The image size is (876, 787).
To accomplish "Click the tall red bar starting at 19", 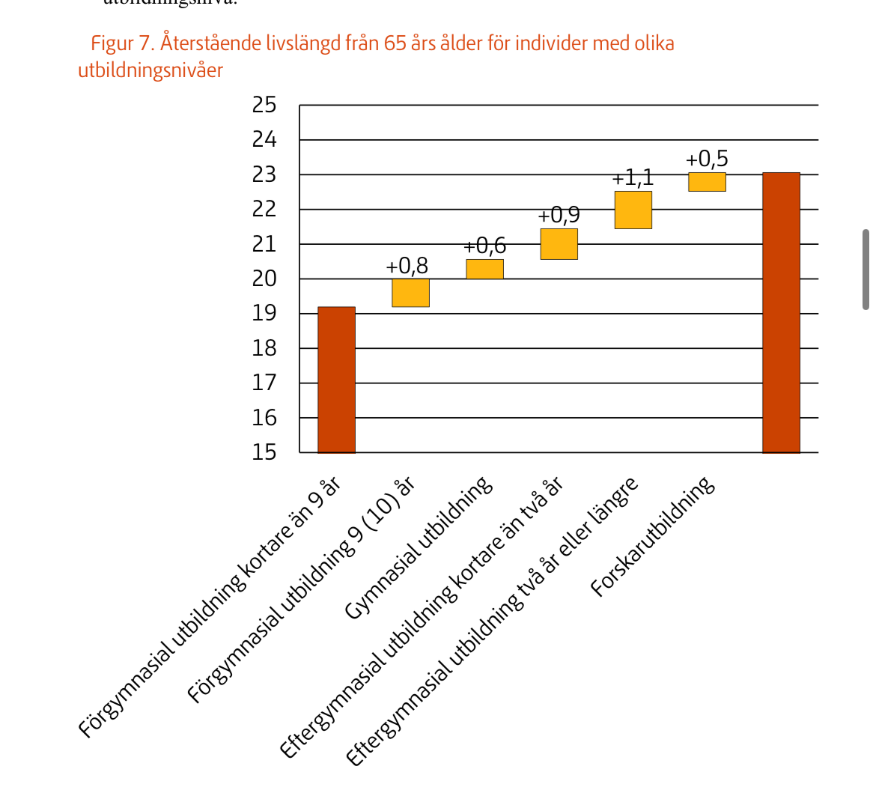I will point(336,380).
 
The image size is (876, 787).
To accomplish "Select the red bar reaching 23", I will point(781,312).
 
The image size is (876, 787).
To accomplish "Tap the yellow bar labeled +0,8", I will point(410,293).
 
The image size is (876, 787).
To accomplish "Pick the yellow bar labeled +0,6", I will point(484,269).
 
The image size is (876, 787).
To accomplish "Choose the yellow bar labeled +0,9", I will point(559,244).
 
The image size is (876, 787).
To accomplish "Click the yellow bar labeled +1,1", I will point(633,210).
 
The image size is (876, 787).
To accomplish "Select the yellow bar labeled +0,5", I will point(707,182).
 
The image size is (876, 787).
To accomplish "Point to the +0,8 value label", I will point(407,266).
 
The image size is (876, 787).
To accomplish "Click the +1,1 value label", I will point(633,178).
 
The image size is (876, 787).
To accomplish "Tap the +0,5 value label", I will point(707,159).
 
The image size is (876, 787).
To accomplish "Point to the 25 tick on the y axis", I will point(264,105).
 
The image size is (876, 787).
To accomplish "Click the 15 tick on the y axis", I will point(264,452).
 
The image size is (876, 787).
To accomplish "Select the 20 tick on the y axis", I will point(264,279).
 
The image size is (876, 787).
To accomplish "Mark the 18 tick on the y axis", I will point(264,348).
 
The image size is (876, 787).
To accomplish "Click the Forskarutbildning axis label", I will point(654,538).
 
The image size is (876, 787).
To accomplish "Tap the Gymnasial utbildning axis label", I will point(419,548).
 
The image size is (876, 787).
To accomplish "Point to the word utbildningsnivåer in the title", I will point(150,71).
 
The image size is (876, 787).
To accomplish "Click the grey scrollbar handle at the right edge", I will point(866,270).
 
